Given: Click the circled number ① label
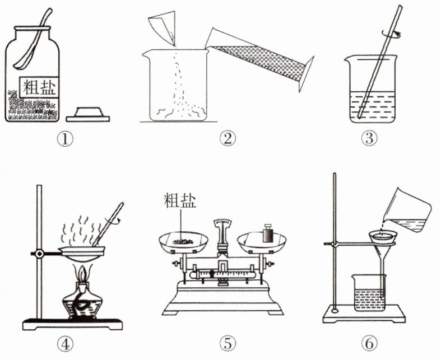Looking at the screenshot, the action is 65,139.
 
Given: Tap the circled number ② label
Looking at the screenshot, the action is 228,139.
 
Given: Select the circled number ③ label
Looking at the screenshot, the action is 369,139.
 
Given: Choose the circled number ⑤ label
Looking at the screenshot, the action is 228,343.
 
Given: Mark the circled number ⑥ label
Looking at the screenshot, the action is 369,343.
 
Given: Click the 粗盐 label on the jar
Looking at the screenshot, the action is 40,87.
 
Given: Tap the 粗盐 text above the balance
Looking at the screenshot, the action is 180,200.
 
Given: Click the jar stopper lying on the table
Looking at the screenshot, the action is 88,114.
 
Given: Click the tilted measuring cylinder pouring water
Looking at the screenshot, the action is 259,60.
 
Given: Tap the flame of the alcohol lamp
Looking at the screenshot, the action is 83,274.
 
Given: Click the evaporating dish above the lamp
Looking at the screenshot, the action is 81,253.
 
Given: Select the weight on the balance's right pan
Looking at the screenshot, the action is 268,233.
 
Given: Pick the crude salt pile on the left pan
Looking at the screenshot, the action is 183,241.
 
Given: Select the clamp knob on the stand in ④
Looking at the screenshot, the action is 39,254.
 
